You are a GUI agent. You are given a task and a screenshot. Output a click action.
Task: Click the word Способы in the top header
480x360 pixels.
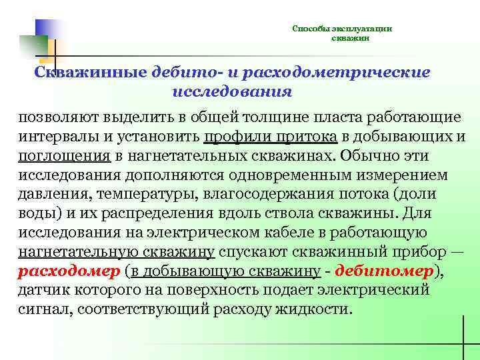(x=308, y=29)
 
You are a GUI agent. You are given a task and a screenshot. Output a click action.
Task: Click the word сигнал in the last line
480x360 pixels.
(x=43, y=311)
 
